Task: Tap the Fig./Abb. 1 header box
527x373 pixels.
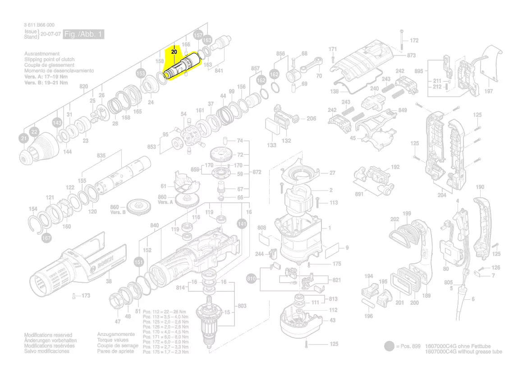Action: click(84, 34)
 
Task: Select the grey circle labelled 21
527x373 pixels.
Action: click(23, 139)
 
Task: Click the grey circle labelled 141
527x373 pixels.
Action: click(242, 224)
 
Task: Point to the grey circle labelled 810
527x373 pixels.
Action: click(252, 279)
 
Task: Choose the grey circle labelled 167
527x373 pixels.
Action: click(46, 238)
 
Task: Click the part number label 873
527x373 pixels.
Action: click(411, 55)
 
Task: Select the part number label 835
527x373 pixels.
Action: click(101, 156)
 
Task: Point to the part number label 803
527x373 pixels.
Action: click(242, 306)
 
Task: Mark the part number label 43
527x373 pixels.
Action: click(332, 320)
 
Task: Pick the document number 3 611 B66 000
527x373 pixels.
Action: click(39, 25)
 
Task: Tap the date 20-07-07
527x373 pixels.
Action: click(50, 34)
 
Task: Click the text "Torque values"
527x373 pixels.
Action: click(113, 340)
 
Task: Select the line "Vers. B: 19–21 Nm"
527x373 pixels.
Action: click(46, 83)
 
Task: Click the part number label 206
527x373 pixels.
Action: click(312, 118)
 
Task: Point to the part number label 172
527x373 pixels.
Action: click(414, 41)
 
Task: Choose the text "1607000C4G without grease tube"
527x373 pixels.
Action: click(463, 352)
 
